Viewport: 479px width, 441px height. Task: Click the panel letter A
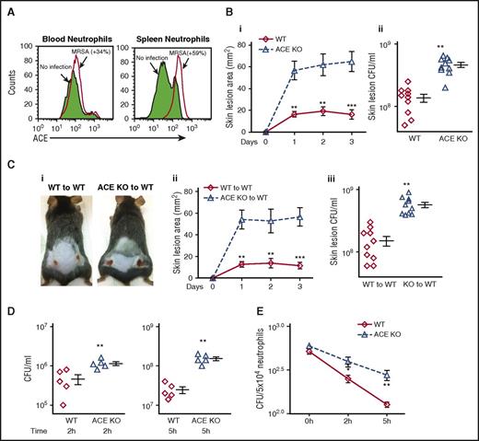click(8, 8)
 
